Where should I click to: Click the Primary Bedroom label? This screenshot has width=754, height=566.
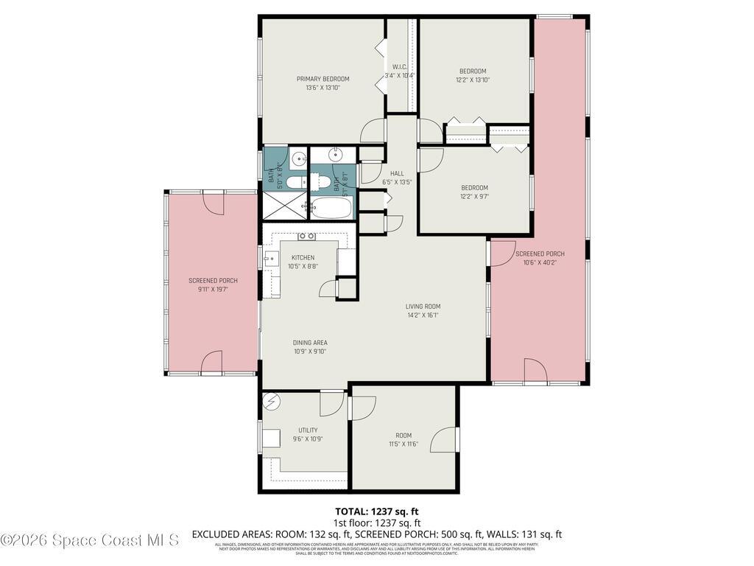[x=323, y=79]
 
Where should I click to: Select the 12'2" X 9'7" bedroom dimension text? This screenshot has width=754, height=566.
[x=474, y=197]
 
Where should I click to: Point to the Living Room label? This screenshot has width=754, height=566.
[x=423, y=307]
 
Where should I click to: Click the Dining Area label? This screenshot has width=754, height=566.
[x=310, y=343]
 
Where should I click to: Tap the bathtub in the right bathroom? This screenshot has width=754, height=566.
[x=331, y=208]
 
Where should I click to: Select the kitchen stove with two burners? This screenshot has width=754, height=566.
[x=307, y=237]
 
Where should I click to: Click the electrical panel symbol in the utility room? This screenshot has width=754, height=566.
[x=272, y=402]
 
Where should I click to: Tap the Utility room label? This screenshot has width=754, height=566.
[x=308, y=430]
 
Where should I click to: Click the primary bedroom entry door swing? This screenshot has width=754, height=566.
[x=373, y=130]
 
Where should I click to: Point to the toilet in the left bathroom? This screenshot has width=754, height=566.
[x=293, y=182]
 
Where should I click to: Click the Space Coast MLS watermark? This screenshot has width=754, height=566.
[x=89, y=540]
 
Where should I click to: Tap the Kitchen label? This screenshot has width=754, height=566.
[x=303, y=257]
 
